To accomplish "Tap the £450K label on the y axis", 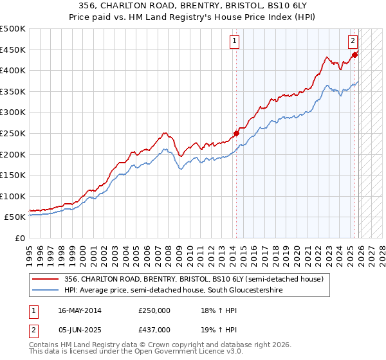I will tap(12, 50).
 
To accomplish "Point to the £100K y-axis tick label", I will tap(12, 196).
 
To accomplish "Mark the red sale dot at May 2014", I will tap(236, 134).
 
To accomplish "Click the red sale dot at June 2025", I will tap(354, 55).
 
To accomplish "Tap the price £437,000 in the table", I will tap(154, 329).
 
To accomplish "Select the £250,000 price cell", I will tap(154, 310).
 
